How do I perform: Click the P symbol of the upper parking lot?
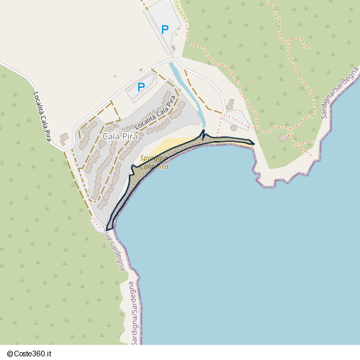[x=165, y=30]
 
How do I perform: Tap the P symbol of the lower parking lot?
[x=141, y=87]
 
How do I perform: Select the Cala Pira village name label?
[x=120, y=136]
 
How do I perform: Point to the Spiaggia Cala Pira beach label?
[x=154, y=162]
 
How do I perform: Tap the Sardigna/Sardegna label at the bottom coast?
[x=133, y=310]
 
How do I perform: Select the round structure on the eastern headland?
[x=283, y=138]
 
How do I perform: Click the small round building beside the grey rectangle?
[x=233, y=128]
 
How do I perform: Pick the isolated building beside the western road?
[x=63, y=136]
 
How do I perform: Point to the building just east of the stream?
[x=229, y=106]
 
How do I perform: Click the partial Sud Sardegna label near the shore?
[x=118, y=248]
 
